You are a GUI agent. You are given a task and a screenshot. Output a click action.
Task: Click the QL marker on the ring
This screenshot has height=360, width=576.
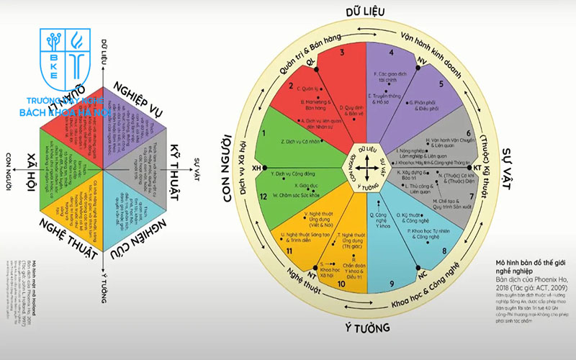pos(311,63)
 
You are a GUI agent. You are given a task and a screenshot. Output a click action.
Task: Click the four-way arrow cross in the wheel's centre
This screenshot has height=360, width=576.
pos(367,168)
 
